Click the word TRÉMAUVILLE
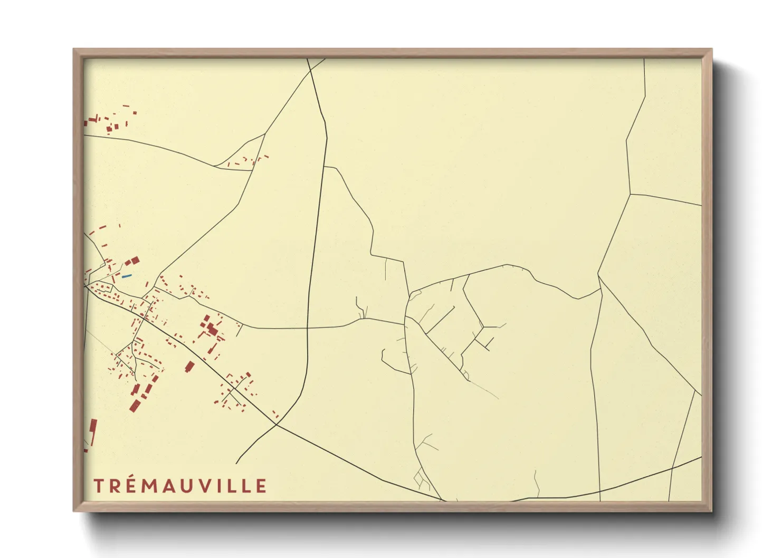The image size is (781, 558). (x=180, y=486)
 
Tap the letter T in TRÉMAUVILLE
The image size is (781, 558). (x=99, y=486)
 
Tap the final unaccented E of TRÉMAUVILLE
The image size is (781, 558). (x=261, y=486)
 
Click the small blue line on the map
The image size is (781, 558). (x=127, y=276)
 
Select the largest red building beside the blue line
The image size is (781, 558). (x=135, y=261)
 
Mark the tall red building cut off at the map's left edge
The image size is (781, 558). (x=93, y=432)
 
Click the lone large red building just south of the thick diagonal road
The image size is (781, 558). (x=189, y=367)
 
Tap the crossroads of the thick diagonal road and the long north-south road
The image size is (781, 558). (x=277, y=424)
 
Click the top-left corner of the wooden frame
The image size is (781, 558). (x=73, y=49)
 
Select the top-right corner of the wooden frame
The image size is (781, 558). (x=712, y=49)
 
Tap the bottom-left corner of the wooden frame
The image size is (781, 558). (x=73, y=511)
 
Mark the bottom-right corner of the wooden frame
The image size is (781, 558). (x=712, y=511)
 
